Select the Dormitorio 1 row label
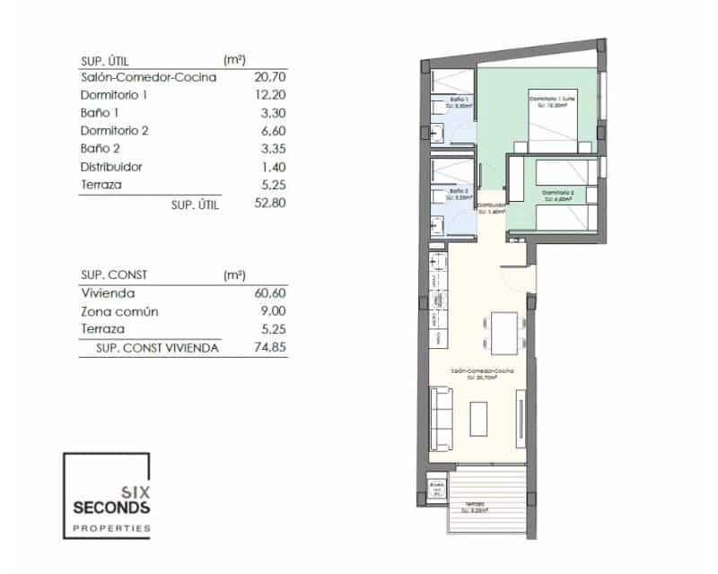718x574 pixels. coord(113,95)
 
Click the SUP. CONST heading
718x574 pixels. coord(114,275)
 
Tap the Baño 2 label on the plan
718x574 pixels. coord(459,191)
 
